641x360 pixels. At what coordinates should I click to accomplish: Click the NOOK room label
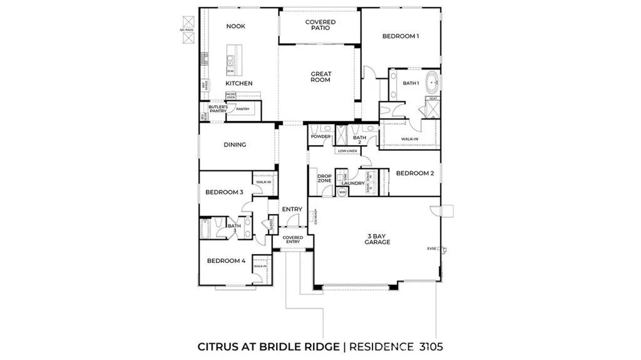point(235,26)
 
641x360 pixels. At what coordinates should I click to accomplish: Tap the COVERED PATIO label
point(320,25)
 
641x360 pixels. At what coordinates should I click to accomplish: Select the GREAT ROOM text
point(320,77)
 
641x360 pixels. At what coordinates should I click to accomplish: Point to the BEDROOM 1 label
point(401,36)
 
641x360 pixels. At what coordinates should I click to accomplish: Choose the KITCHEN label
point(238,83)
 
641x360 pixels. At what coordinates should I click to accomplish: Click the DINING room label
point(235,145)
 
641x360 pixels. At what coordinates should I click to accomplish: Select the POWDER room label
point(320,136)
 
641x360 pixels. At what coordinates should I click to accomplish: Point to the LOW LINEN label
point(347,151)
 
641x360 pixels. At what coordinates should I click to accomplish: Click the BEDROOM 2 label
point(414,173)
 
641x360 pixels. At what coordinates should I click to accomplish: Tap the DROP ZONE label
point(324,178)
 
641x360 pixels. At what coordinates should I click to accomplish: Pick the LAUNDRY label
point(353,183)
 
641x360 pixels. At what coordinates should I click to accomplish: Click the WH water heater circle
point(342,192)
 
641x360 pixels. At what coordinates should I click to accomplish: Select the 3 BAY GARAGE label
point(378,239)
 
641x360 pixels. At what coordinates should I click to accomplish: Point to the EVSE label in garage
point(431,248)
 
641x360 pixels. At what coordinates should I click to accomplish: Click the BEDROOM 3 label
point(224,192)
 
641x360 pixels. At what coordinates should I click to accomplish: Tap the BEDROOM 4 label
point(226,260)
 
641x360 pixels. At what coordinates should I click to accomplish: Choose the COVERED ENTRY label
point(292,240)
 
